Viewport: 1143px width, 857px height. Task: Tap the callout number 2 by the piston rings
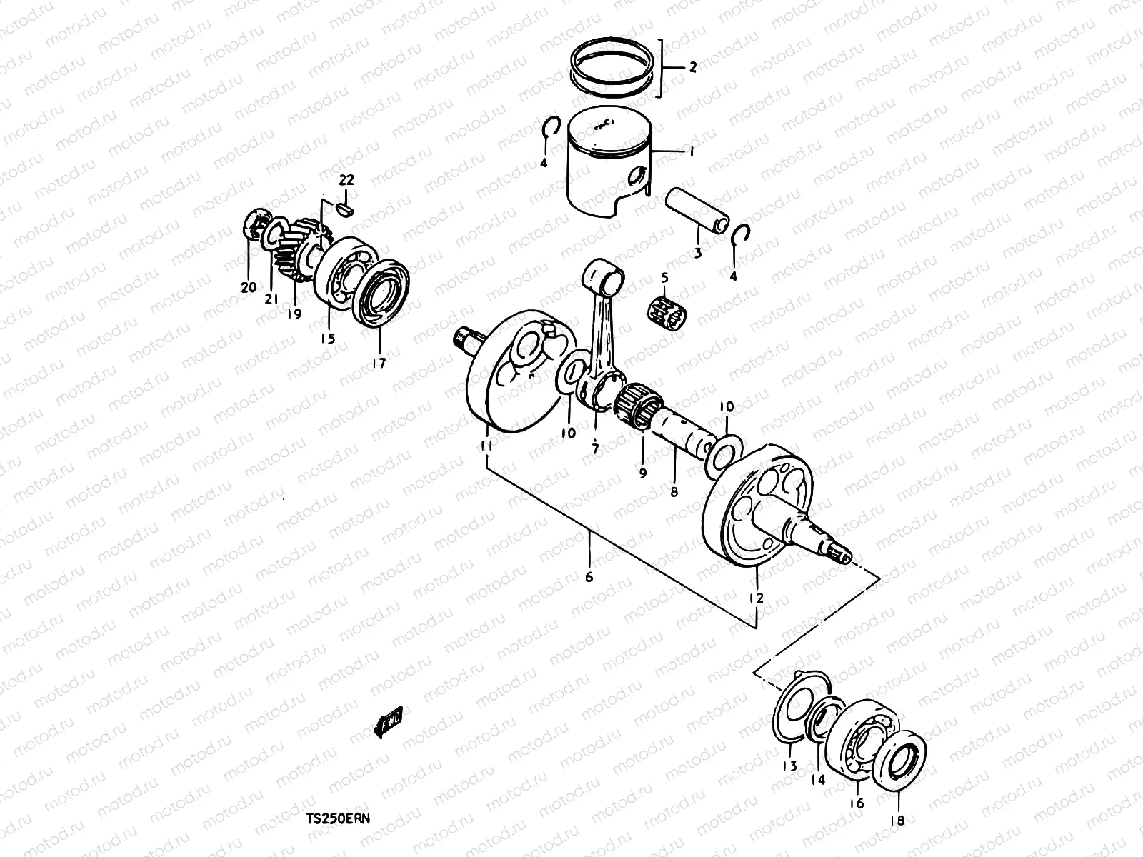tap(692, 69)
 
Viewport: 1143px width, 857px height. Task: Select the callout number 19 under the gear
tap(294, 314)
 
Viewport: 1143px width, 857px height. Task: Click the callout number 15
tap(327, 339)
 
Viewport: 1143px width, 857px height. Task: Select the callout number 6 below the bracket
tap(589, 577)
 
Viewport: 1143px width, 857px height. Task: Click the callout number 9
tap(642, 473)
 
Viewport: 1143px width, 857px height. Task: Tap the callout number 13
tap(789, 767)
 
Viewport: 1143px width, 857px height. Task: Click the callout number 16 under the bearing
tap(857, 803)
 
